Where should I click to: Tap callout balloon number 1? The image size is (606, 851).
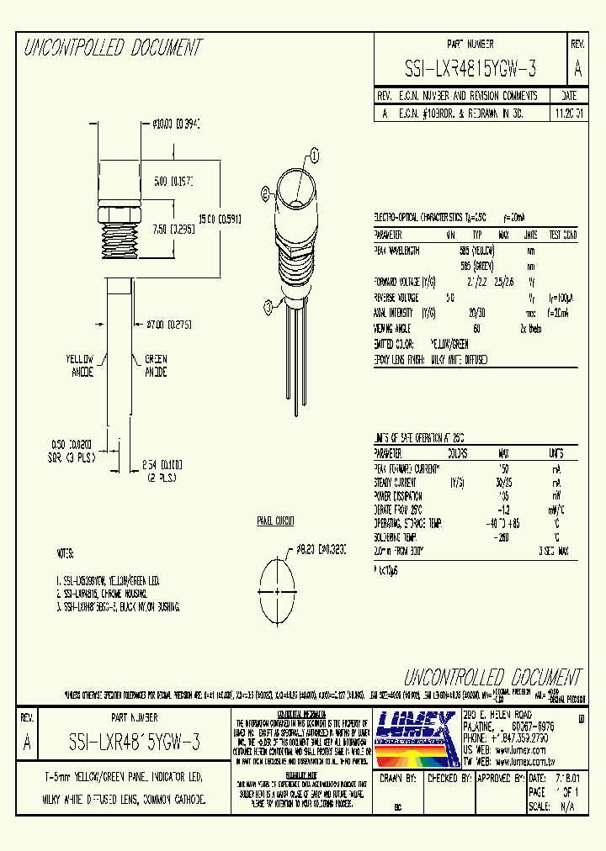point(315,155)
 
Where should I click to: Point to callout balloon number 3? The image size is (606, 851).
point(268,304)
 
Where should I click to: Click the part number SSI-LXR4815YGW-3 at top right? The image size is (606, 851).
point(470,68)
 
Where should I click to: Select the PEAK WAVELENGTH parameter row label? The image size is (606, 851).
point(396,251)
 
